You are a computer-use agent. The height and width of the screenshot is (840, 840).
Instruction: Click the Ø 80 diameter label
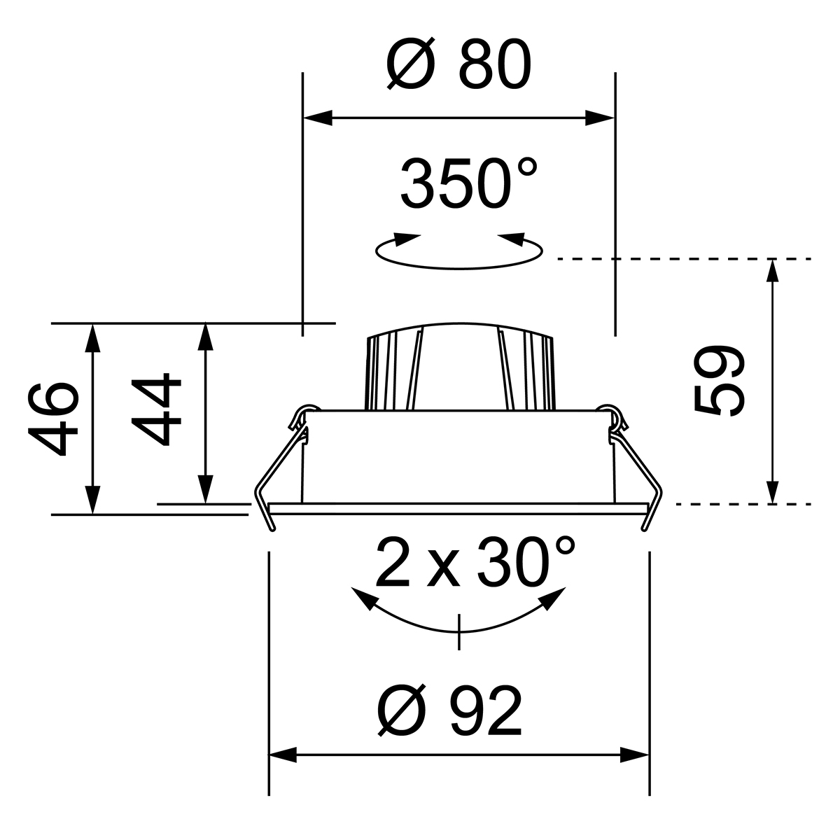[459, 64]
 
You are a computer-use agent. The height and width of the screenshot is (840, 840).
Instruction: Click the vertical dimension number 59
[718, 381]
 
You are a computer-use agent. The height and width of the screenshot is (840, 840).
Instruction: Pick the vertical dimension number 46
[53, 419]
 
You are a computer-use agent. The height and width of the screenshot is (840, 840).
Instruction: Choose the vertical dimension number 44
[156, 408]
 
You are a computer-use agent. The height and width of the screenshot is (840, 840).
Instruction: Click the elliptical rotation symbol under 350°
[459, 252]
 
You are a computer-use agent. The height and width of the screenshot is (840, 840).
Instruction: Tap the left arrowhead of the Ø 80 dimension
[318, 118]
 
